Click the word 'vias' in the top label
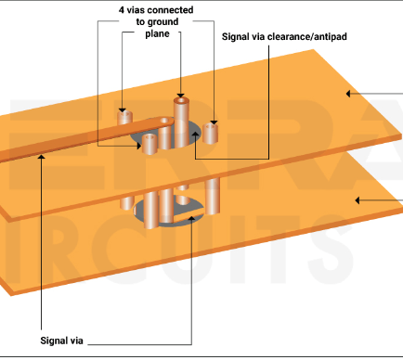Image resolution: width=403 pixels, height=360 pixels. click(x=140, y=9)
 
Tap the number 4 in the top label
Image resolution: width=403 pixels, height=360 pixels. click(x=122, y=9)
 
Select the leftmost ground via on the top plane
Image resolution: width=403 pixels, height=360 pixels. click(x=128, y=118)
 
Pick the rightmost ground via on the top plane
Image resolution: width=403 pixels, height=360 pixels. click(x=212, y=132)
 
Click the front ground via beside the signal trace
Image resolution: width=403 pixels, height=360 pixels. click(x=148, y=144)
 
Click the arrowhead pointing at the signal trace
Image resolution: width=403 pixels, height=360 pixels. click(x=42, y=157)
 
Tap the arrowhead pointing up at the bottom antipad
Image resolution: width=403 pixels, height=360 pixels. click(x=190, y=222)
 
